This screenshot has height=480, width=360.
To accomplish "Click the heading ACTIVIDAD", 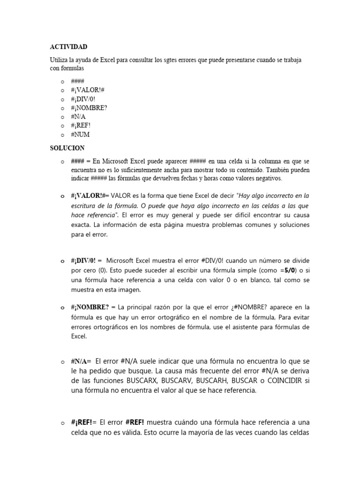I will coord(68,47).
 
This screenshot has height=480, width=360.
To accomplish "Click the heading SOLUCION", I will coord(67,148).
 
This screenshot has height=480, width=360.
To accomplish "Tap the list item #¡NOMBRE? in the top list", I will coord(89,108).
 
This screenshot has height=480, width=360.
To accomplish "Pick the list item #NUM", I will coord(80,135).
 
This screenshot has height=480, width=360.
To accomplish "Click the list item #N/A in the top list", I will coord(78,117).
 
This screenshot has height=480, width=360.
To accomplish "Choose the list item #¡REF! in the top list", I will coord(81,126).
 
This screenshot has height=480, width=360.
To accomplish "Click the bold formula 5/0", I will coord(290,270).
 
